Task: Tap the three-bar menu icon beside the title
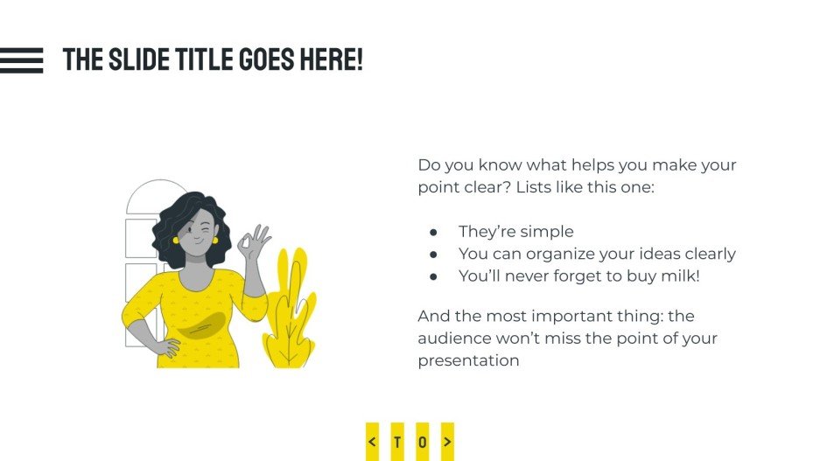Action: tap(21, 60)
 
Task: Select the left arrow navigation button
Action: tap(373, 442)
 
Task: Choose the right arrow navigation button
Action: tap(447, 442)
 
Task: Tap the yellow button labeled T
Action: tap(397, 442)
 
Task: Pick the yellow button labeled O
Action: tap(423, 442)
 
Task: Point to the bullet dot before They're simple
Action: tap(433, 232)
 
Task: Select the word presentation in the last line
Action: tap(468, 360)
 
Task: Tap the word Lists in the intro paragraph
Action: tap(538, 187)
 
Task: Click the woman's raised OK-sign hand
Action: tap(254, 242)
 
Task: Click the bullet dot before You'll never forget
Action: tap(433, 276)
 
